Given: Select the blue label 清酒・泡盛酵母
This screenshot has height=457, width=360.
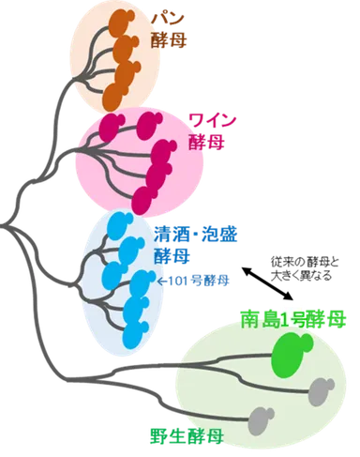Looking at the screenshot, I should point(193,241).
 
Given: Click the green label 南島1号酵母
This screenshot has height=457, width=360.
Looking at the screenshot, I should point(293,322).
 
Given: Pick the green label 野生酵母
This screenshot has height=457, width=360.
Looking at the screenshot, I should point(185,434).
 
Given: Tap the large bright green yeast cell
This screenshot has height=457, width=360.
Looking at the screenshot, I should point(292,354).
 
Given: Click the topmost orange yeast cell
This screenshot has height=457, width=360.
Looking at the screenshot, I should point(123,22).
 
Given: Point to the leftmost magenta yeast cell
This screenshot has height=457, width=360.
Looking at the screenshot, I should point(122,126).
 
